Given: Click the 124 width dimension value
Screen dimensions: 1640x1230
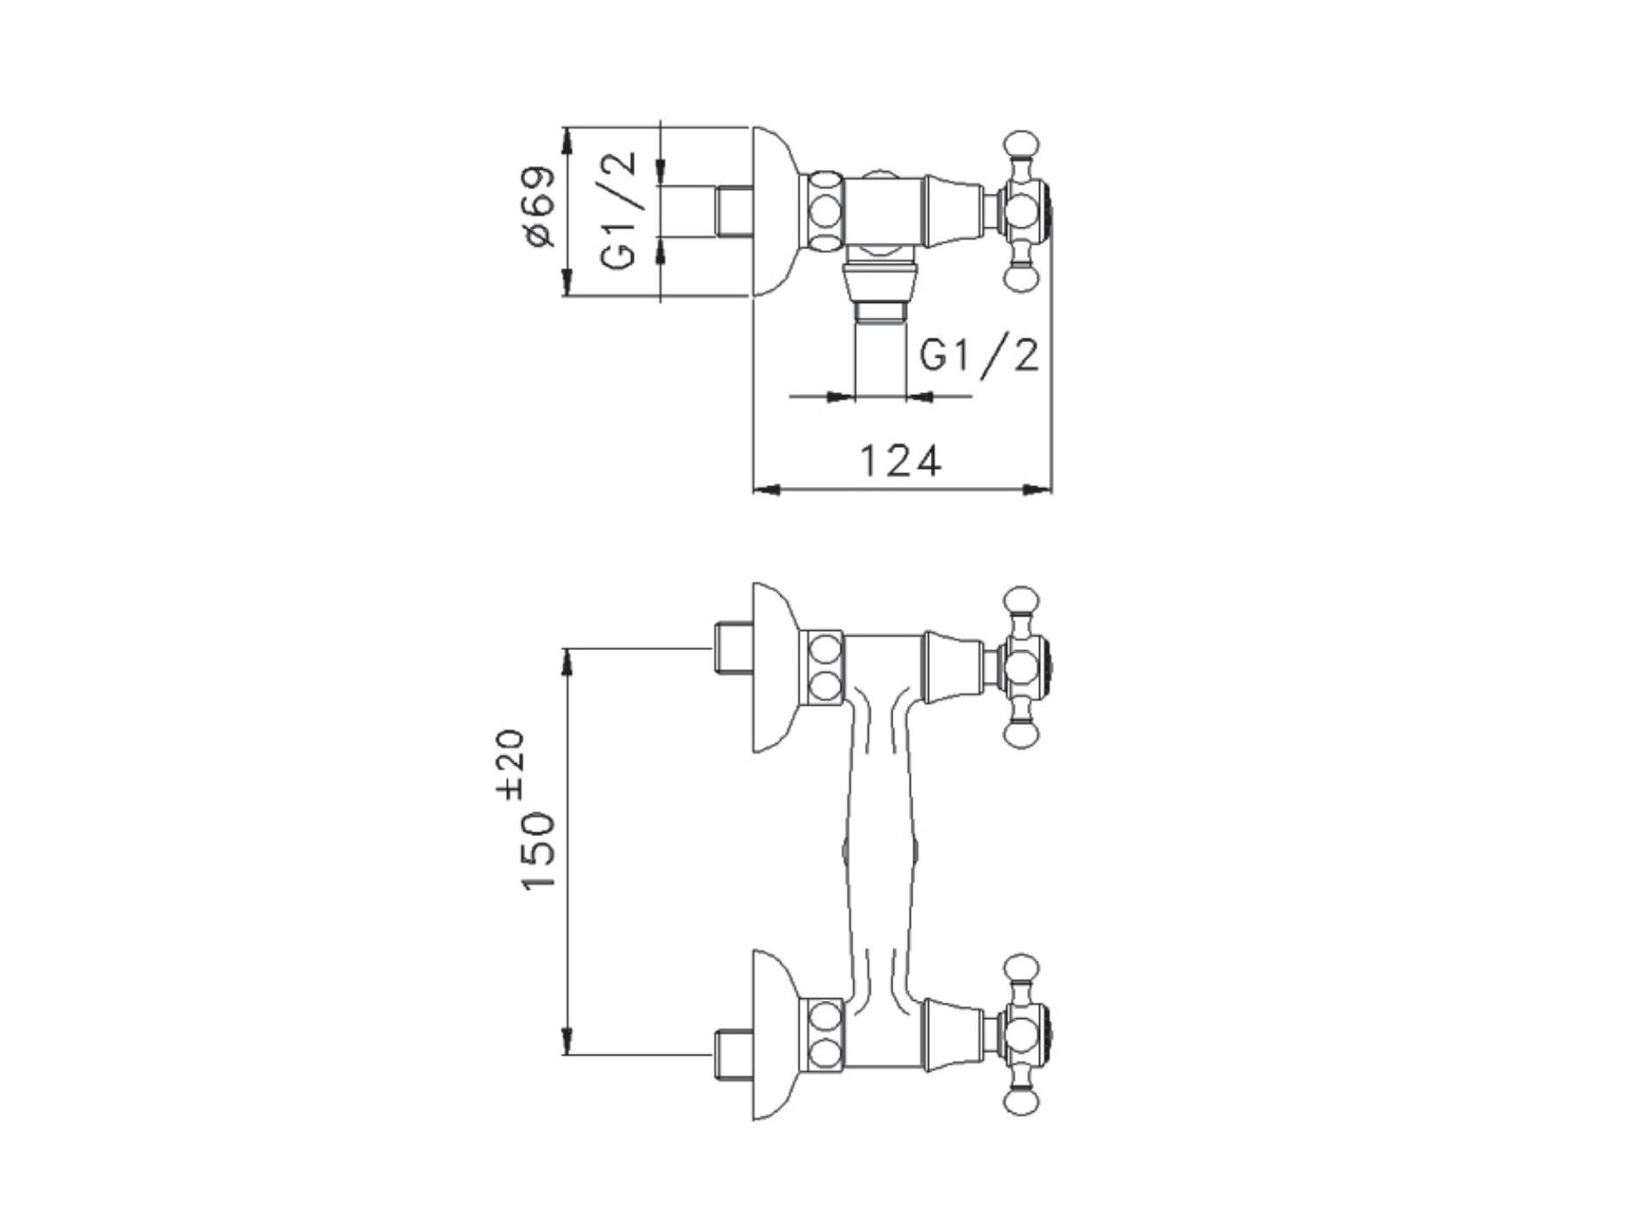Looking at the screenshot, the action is tap(899, 461).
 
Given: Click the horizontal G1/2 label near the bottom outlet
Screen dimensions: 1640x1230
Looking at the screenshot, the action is tap(978, 356).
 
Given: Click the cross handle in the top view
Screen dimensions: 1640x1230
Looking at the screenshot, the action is tap(1025, 211).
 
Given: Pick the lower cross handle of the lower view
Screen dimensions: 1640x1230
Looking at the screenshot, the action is tap(1025, 1034).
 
